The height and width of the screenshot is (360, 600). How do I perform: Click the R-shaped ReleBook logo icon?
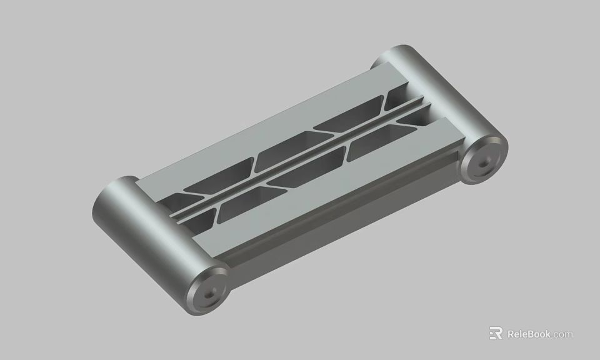pos(496,334)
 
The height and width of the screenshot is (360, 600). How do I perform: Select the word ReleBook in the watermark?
pos(529,334)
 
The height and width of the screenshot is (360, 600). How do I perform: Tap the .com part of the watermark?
pos(562,334)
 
